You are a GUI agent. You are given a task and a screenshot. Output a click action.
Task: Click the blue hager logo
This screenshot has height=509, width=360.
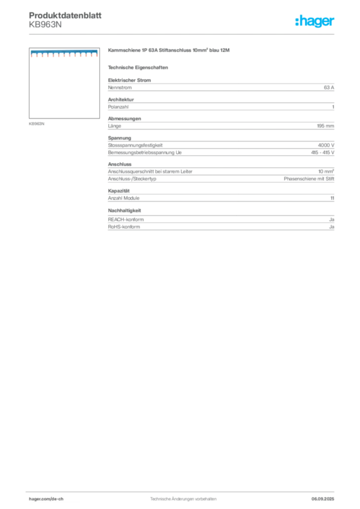(x=316, y=21)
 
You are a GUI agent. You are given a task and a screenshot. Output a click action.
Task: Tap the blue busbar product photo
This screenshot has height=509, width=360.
(x=63, y=54)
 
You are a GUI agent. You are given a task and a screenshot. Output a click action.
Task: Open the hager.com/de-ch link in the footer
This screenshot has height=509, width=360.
(x=55, y=498)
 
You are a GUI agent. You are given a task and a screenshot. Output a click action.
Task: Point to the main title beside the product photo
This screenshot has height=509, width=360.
(x=169, y=52)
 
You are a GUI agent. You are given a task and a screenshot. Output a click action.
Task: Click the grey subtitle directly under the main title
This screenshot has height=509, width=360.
(x=139, y=67)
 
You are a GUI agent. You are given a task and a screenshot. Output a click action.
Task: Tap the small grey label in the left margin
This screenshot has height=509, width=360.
(x=38, y=123)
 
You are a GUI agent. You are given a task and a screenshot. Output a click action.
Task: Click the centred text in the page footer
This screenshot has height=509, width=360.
(x=183, y=497)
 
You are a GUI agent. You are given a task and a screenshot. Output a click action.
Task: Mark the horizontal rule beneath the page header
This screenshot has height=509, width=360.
(x=183, y=34)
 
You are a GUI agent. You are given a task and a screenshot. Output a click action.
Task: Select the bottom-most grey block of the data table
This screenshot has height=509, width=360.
(x=221, y=222)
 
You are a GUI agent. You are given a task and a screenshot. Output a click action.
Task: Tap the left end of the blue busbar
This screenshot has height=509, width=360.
(x=32, y=54)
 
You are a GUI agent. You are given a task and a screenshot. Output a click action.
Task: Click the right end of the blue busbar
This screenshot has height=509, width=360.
(x=96, y=54)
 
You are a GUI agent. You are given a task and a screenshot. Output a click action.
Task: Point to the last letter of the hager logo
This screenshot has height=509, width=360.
(x=334, y=22)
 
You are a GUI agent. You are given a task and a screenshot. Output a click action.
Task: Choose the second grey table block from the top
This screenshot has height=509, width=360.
(x=221, y=105)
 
